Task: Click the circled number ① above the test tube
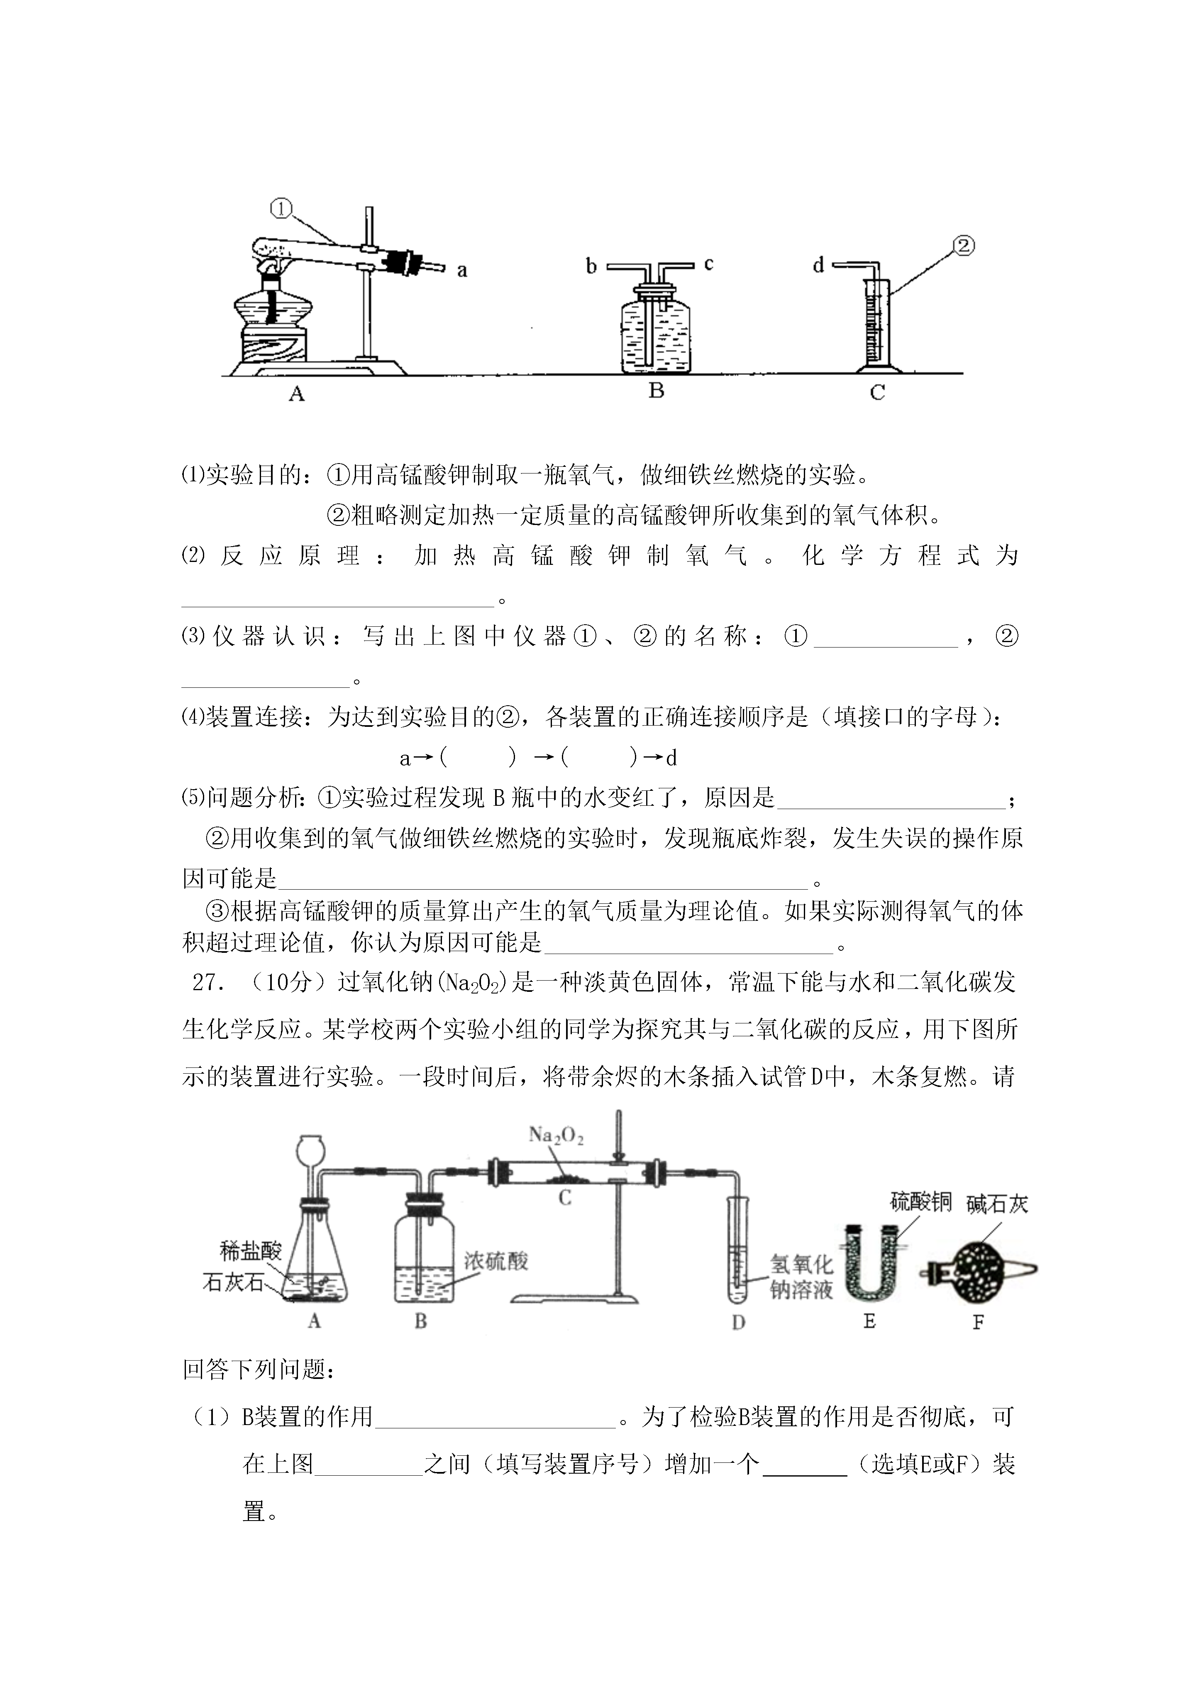click(281, 209)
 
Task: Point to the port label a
click(462, 271)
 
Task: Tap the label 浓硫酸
click(496, 1261)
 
